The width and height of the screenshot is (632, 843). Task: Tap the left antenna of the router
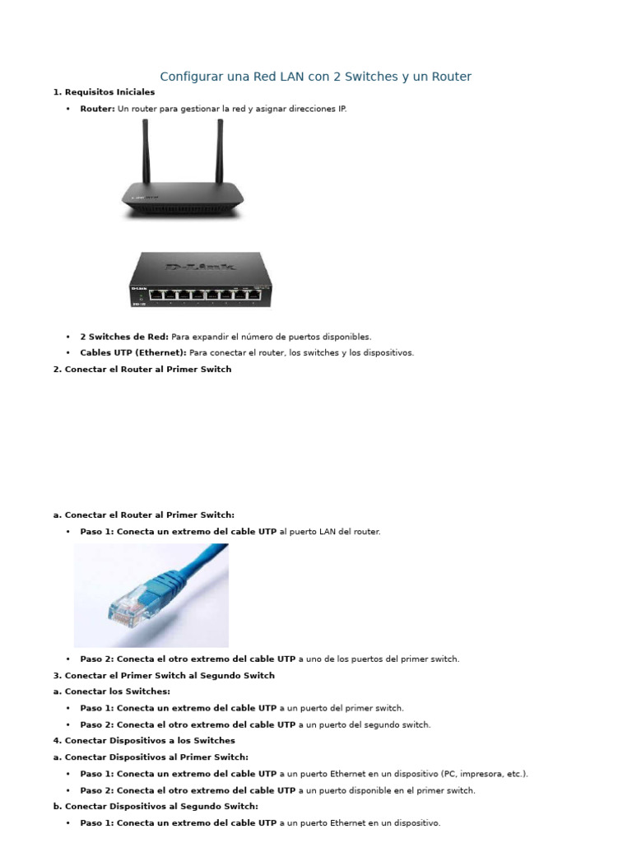pyautogui.click(x=146, y=152)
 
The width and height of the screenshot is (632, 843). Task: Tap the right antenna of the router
pyautogui.click(x=220, y=152)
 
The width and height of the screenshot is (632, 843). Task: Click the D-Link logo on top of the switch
pyautogui.click(x=200, y=267)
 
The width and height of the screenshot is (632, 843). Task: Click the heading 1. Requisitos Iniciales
pyautogui.click(x=104, y=92)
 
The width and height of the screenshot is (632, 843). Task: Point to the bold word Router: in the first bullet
pyautogui.click(x=97, y=109)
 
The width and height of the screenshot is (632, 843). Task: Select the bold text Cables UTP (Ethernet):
pyautogui.click(x=133, y=353)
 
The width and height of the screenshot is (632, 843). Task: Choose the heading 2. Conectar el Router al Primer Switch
pyautogui.click(x=142, y=370)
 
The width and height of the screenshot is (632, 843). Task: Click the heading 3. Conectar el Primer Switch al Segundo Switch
pyautogui.click(x=164, y=675)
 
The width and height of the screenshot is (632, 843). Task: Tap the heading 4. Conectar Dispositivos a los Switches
pyautogui.click(x=144, y=741)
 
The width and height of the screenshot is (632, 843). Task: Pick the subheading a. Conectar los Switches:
pyautogui.click(x=111, y=692)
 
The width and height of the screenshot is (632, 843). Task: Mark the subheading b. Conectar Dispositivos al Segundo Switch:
pyautogui.click(x=156, y=807)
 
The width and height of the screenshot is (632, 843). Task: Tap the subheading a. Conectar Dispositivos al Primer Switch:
pyautogui.click(x=151, y=757)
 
